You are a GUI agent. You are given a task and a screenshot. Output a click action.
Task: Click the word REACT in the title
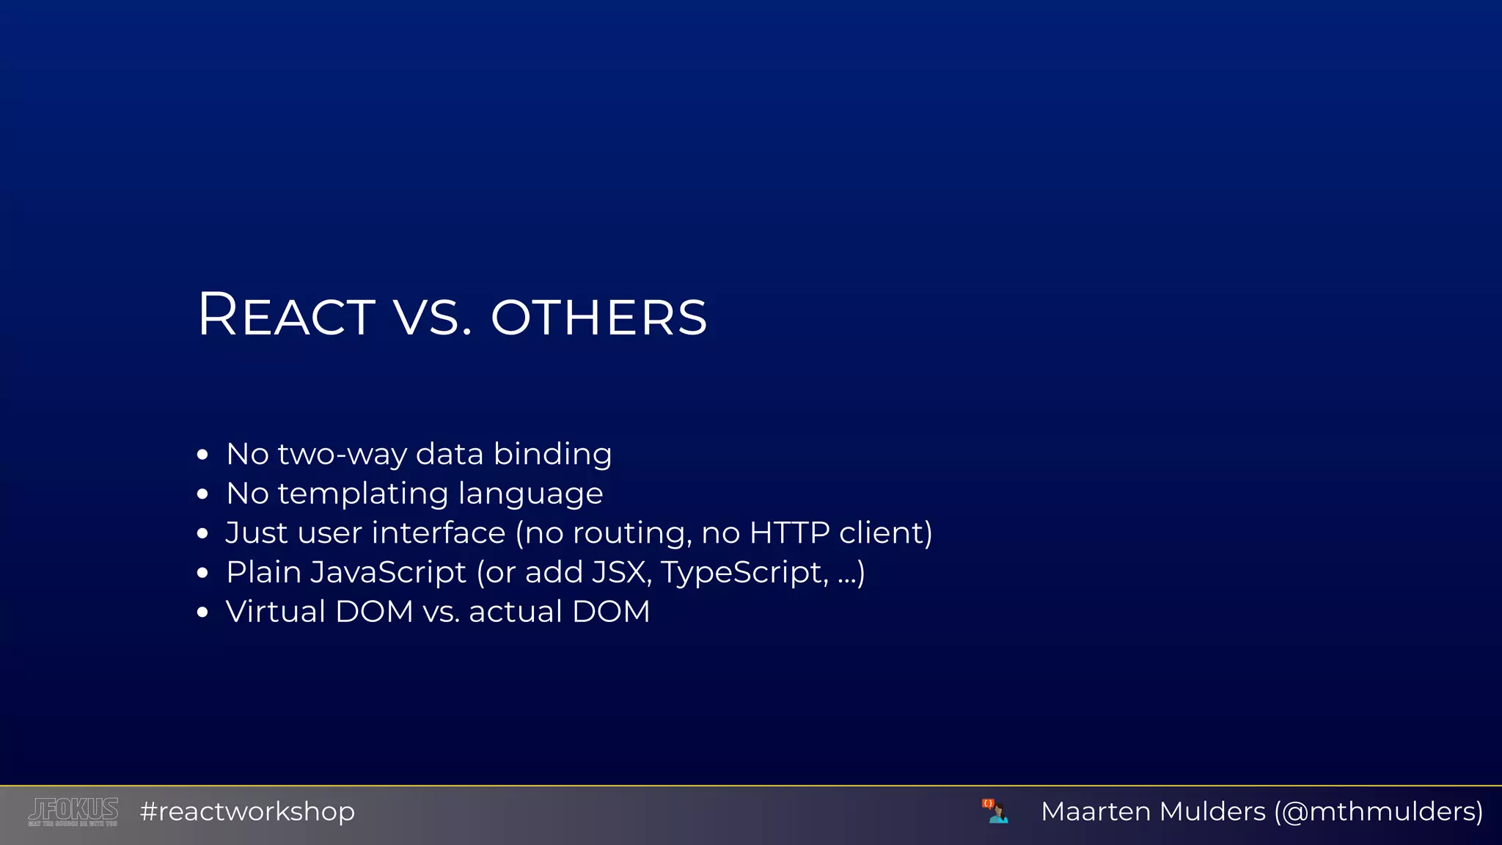point(286,315)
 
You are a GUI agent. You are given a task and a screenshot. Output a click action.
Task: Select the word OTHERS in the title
point(598,318)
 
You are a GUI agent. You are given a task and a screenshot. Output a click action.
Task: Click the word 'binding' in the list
point(552,454)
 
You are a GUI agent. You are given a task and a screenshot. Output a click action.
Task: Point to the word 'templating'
point(362,494)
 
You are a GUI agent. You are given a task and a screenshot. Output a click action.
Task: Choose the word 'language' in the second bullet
point(530,494)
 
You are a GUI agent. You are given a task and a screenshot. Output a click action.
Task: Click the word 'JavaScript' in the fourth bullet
point(388,572)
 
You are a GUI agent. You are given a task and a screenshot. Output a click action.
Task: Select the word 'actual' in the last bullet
point(515,612)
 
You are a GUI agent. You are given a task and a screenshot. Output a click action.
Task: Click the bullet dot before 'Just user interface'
point(203,534)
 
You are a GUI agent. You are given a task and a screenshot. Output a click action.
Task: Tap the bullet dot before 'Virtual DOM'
point(203,612)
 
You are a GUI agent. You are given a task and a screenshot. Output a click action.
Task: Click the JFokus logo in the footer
point(73,811)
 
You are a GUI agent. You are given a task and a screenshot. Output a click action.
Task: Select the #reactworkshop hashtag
point(247,811)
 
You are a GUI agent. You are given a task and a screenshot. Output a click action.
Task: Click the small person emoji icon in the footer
point(995,811)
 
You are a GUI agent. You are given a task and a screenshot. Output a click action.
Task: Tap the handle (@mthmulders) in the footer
point(1378,811)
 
